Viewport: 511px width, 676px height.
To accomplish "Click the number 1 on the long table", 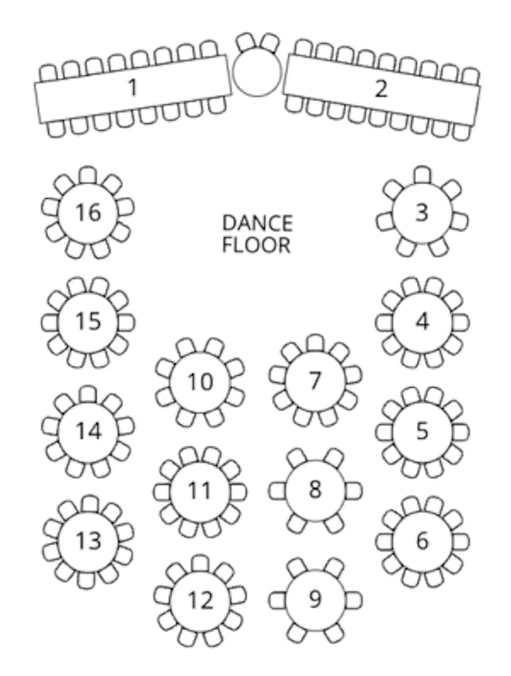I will click(x=133, y=87).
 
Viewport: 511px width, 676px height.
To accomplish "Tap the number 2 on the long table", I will click(x=381, y=88).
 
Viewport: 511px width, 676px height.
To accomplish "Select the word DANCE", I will click(x=257, y=223).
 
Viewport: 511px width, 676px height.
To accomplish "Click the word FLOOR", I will click(x=256, y=244).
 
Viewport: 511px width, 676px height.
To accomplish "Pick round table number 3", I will click(x=422, y=212).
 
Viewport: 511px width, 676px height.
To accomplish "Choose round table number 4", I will click(x=422, y=322).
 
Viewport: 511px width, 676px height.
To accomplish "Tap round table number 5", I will click(x=422, y=431).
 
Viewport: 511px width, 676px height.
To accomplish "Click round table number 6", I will click(x=422, y=540).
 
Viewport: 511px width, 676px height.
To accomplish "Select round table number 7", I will click(x=315, y=381).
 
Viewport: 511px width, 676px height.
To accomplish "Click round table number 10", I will click(x=200, y=381).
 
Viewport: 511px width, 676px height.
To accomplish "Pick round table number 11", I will click(x=200, y=491).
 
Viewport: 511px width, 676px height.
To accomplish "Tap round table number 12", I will click(x=200, y=599).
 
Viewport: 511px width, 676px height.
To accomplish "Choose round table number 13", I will click(x=89, y=540).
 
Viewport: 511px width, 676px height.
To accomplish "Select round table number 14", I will click(x=89, y=431).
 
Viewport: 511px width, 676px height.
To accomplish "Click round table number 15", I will click(x=89, y=322).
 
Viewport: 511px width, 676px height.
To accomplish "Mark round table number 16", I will click(x=89, y=212).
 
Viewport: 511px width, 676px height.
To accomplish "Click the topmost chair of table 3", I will click(x=422, y=174).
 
